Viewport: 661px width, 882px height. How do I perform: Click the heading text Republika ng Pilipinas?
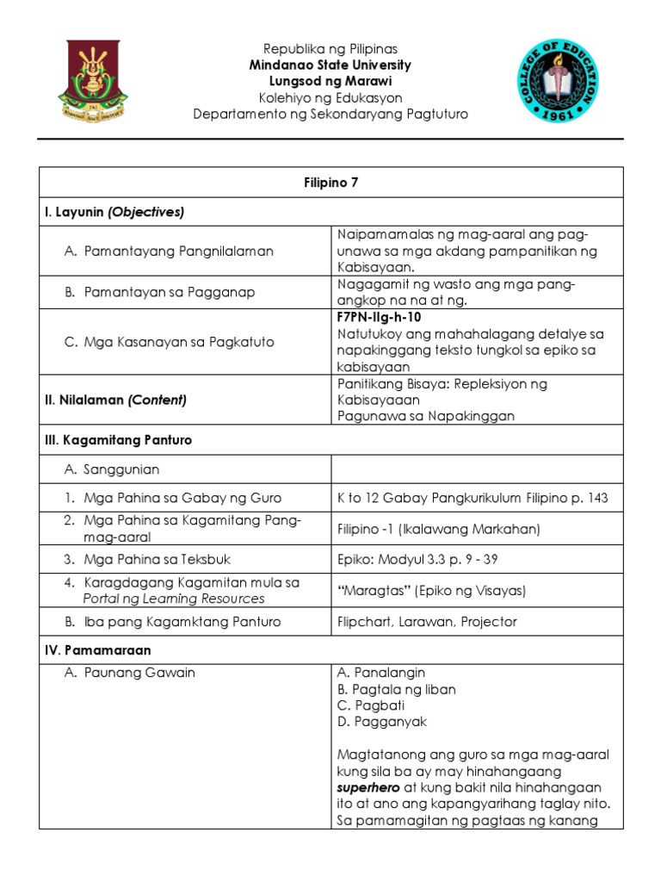coord(330,49)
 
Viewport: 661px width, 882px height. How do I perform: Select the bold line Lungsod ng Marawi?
coord(330,82)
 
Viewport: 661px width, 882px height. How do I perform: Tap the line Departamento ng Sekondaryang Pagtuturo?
coord(330,115)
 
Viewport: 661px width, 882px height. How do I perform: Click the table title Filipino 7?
coord(330,183)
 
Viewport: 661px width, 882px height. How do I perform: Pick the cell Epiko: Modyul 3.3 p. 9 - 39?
coord(417,559)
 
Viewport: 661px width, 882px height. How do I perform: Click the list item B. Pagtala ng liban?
coord(397,689)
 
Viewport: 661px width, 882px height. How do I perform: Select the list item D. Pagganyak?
coord(382,722)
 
